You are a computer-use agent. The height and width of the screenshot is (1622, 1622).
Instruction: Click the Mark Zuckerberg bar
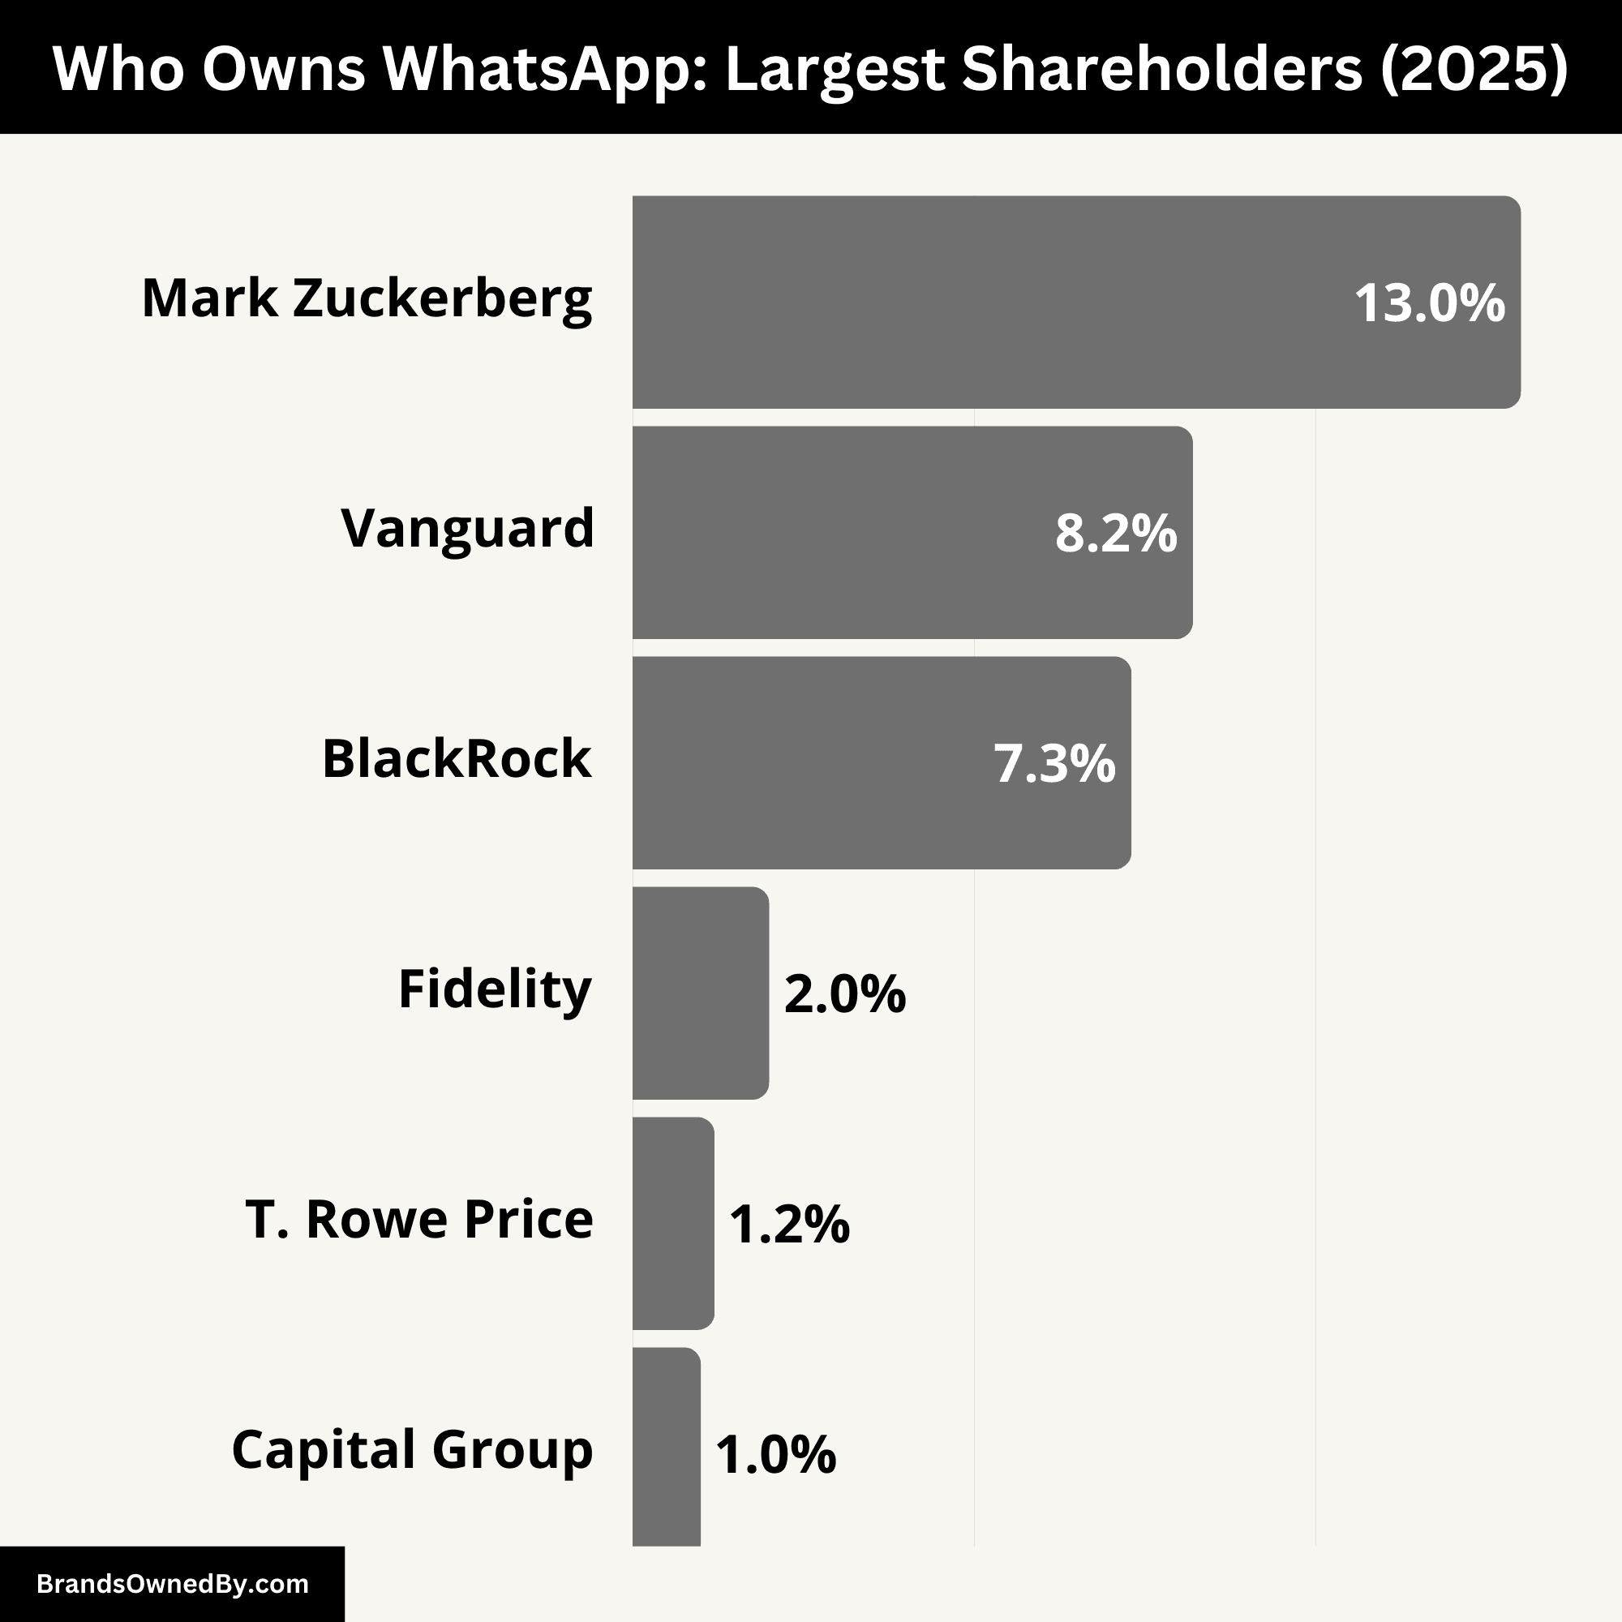991,303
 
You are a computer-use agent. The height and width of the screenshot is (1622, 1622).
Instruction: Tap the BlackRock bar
806,762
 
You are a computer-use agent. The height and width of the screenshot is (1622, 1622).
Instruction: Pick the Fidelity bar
700,993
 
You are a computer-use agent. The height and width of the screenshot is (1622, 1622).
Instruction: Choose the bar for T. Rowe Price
672,1222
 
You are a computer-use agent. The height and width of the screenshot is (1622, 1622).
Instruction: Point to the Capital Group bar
666,1453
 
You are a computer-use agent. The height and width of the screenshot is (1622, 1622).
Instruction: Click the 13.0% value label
1429,303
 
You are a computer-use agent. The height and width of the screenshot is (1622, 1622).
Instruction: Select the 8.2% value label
1115,533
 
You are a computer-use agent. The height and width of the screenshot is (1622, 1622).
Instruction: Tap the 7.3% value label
1053,763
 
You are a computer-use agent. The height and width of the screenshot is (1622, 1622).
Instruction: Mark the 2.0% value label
843,993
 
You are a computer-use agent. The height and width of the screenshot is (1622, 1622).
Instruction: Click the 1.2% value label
788,1223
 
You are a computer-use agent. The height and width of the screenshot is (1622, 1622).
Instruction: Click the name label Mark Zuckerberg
367,299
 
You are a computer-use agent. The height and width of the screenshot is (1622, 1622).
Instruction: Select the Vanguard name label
467,529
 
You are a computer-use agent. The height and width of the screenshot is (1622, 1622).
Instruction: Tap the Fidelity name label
495,989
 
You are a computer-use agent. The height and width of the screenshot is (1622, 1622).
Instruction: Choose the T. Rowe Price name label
419,1219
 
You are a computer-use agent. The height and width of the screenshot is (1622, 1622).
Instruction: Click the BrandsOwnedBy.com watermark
172,1583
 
